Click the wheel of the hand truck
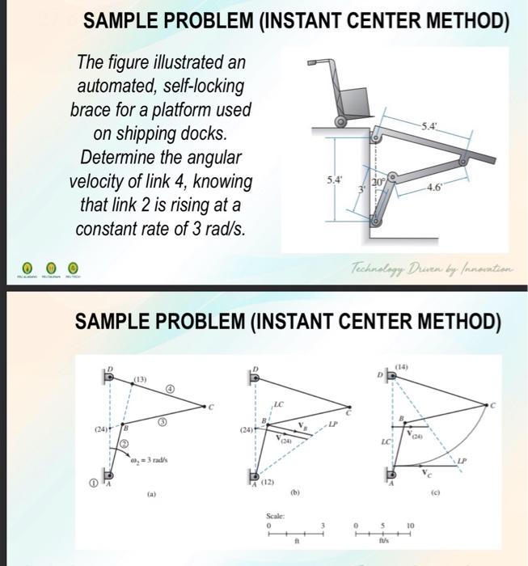[340, 122]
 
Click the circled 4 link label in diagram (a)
[171, 389]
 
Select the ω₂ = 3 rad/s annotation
[151, 459]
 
